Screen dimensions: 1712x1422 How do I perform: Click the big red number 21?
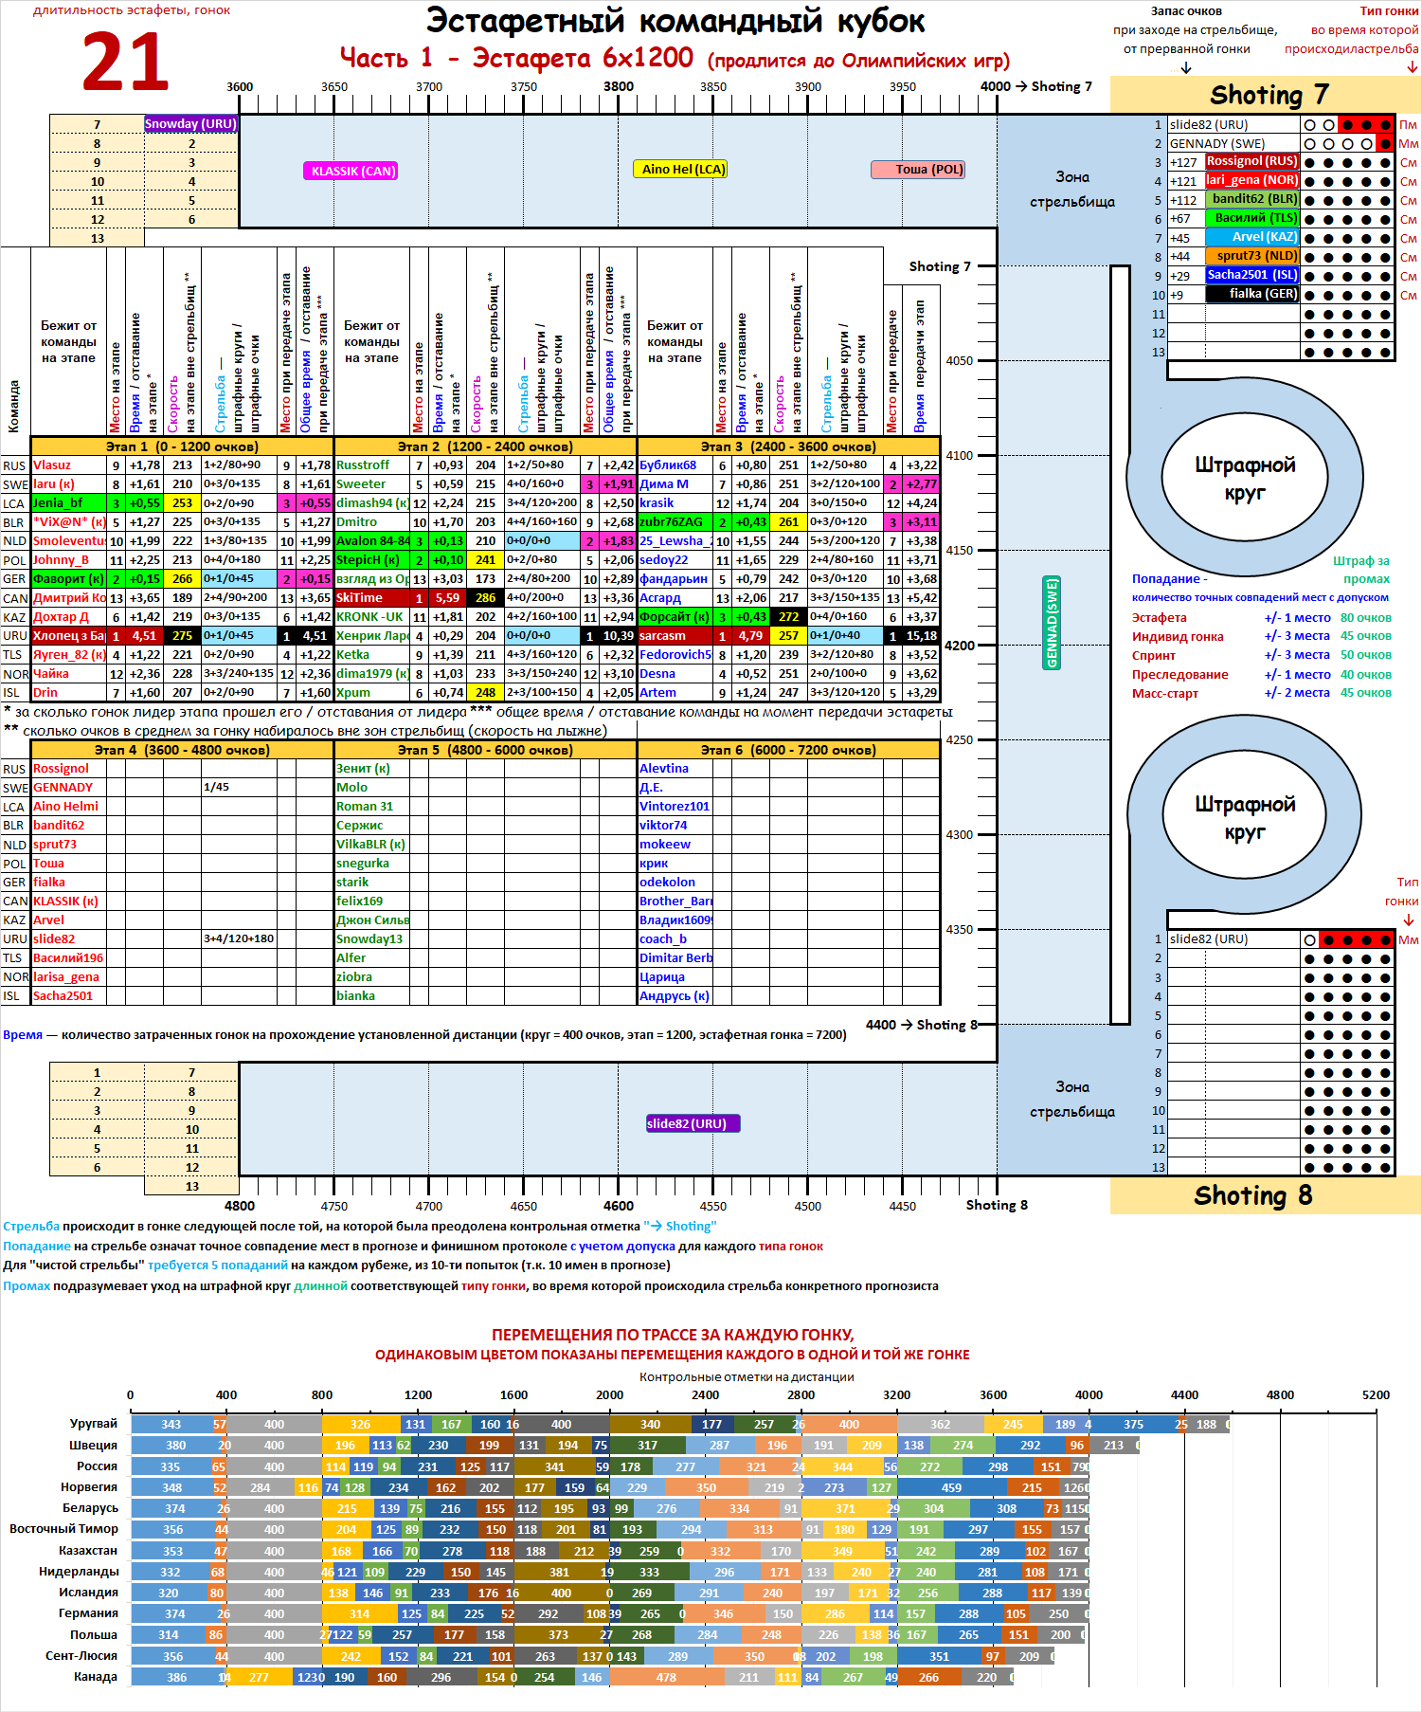coord(125,63)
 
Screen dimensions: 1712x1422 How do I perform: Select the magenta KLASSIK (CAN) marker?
coord(350,172)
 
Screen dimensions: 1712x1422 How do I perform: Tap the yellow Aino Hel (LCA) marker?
coord(679,170)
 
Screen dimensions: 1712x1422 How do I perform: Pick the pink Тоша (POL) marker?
coord(917,170)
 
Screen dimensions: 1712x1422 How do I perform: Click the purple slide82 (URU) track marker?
coord(693,1123)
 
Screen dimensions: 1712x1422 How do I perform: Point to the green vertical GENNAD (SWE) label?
coord(1052,623)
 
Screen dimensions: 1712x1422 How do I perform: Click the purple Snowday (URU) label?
coord(190,124)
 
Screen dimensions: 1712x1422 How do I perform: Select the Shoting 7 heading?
coord(1269,95)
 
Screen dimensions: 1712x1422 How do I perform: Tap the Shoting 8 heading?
coord(1252,1195)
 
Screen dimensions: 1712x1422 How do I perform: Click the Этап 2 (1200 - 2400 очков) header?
coord(485,446)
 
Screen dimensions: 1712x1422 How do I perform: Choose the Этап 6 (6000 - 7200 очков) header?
coord(788,750)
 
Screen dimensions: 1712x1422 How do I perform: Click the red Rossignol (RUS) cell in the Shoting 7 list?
coord(1251,161)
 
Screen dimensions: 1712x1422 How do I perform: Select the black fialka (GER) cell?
coord(1251,294)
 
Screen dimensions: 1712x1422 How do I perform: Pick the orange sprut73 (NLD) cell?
coord(1251,256)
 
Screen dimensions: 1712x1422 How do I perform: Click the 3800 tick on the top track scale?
coord(619,87)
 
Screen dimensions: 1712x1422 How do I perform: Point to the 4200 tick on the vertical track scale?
coord(960,646)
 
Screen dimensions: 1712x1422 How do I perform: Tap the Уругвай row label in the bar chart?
coord(93,1424)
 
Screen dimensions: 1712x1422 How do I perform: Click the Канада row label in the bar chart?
coord(96,1676)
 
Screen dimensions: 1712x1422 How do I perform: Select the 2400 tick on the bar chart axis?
coord(705,1395)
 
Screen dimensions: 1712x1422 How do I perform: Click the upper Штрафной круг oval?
coord(1244,479)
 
